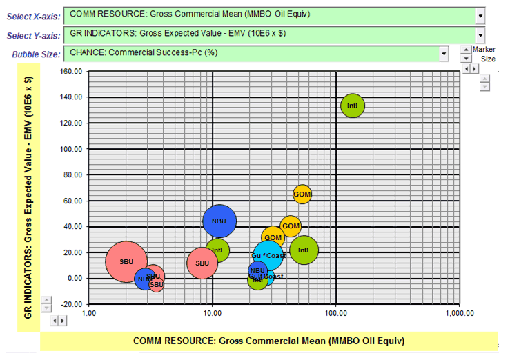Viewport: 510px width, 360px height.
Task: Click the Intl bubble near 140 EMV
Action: point(353,106)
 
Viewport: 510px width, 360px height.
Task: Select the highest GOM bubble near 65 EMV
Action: point(302,194)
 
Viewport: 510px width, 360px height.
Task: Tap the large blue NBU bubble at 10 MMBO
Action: point(219,221)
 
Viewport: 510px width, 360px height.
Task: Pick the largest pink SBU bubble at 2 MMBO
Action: point(126,261)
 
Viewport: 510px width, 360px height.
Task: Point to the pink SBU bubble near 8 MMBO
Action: point(202,263)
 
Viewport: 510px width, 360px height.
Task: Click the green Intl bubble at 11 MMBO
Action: point(217,250)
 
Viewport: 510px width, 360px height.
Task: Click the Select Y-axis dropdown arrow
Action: point(480,35)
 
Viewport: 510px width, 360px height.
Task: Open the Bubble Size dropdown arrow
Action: point(444,54)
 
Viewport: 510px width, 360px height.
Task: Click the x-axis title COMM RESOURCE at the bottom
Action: point(268,341)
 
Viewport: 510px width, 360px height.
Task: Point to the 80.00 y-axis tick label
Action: point(71,174)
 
